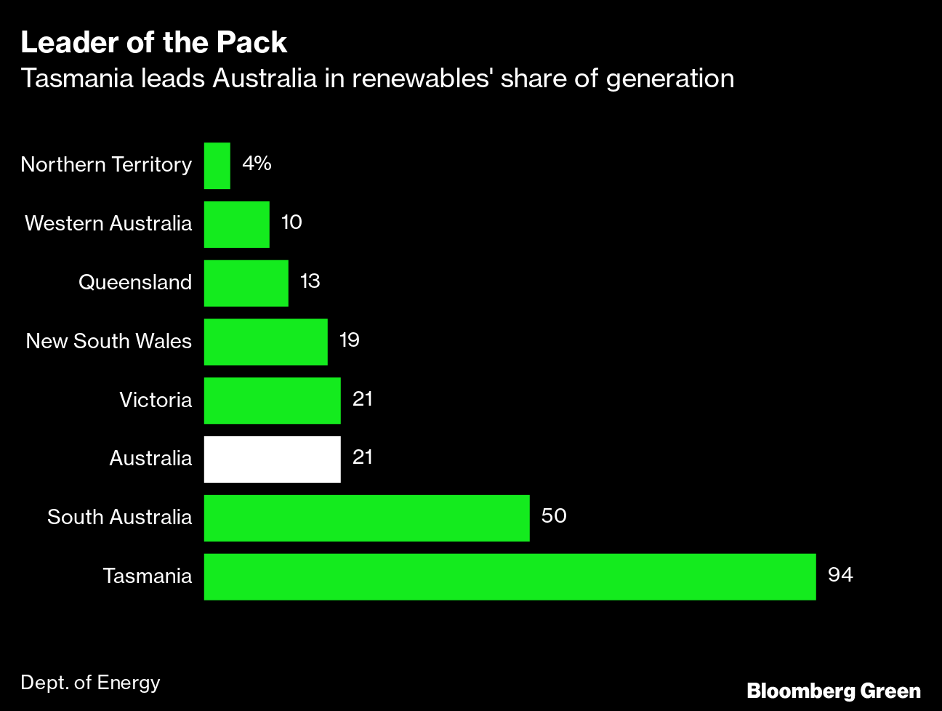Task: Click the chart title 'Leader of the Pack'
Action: (x=153, y=43)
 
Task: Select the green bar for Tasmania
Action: (x=510, y=577)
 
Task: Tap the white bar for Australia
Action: (x=272, y=459)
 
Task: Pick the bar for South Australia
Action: (x=366, y=518)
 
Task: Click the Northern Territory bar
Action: (x=217, y=165)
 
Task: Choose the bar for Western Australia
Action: (x=236, y=224)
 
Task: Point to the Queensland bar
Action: (x=246, y=283)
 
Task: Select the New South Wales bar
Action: (x=265, y=342)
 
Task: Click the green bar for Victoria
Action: (x=272, y=400)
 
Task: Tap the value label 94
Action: (x=840, y=575)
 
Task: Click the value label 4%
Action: (x=257, y=164)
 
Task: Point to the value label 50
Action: (x=554, y=516)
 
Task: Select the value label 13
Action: (x=310, y=281)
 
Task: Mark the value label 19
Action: (x=349, y=340)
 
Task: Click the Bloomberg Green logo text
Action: (x=833, y=691)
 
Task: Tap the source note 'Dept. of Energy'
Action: (x=90, y=683)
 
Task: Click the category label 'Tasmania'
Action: (x=148, y=577)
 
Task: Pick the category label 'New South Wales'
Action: (x=108, y=342)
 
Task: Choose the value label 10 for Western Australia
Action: (x=291, y=222)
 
